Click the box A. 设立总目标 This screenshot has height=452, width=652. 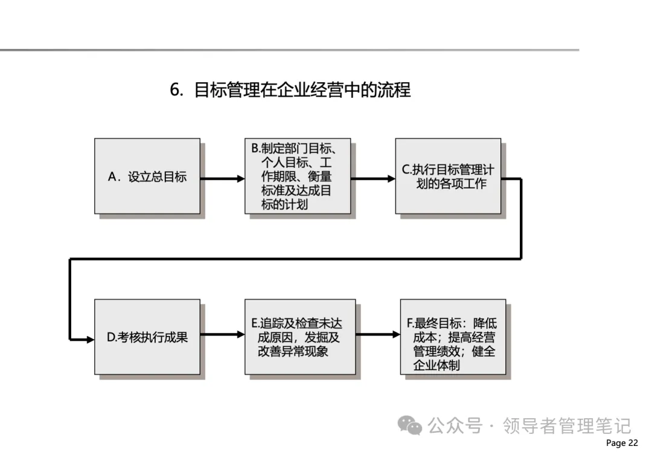(x=147, y=176)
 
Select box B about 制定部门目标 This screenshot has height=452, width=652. (x=297, y=176)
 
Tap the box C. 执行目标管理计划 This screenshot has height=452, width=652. (x=448, y=176)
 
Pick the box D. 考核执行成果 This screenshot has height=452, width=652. (x=147, y=337)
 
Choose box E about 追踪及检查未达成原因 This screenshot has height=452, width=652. (x=299, y=337)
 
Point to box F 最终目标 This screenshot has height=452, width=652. (x=453, y=337)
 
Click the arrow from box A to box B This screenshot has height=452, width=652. (x=222, y=179)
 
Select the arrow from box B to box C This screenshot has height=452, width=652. (x=372, y=179)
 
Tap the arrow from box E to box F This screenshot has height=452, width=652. (x=377, y=333)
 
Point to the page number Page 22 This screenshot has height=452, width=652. (x=621, y=443)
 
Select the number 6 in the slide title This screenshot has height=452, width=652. (x=176, y=90)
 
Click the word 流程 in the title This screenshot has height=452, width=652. (x=395, y=90)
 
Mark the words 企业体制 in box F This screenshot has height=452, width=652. (x=436, y=365)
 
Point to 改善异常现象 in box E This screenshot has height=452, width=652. (x=293, y=351)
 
